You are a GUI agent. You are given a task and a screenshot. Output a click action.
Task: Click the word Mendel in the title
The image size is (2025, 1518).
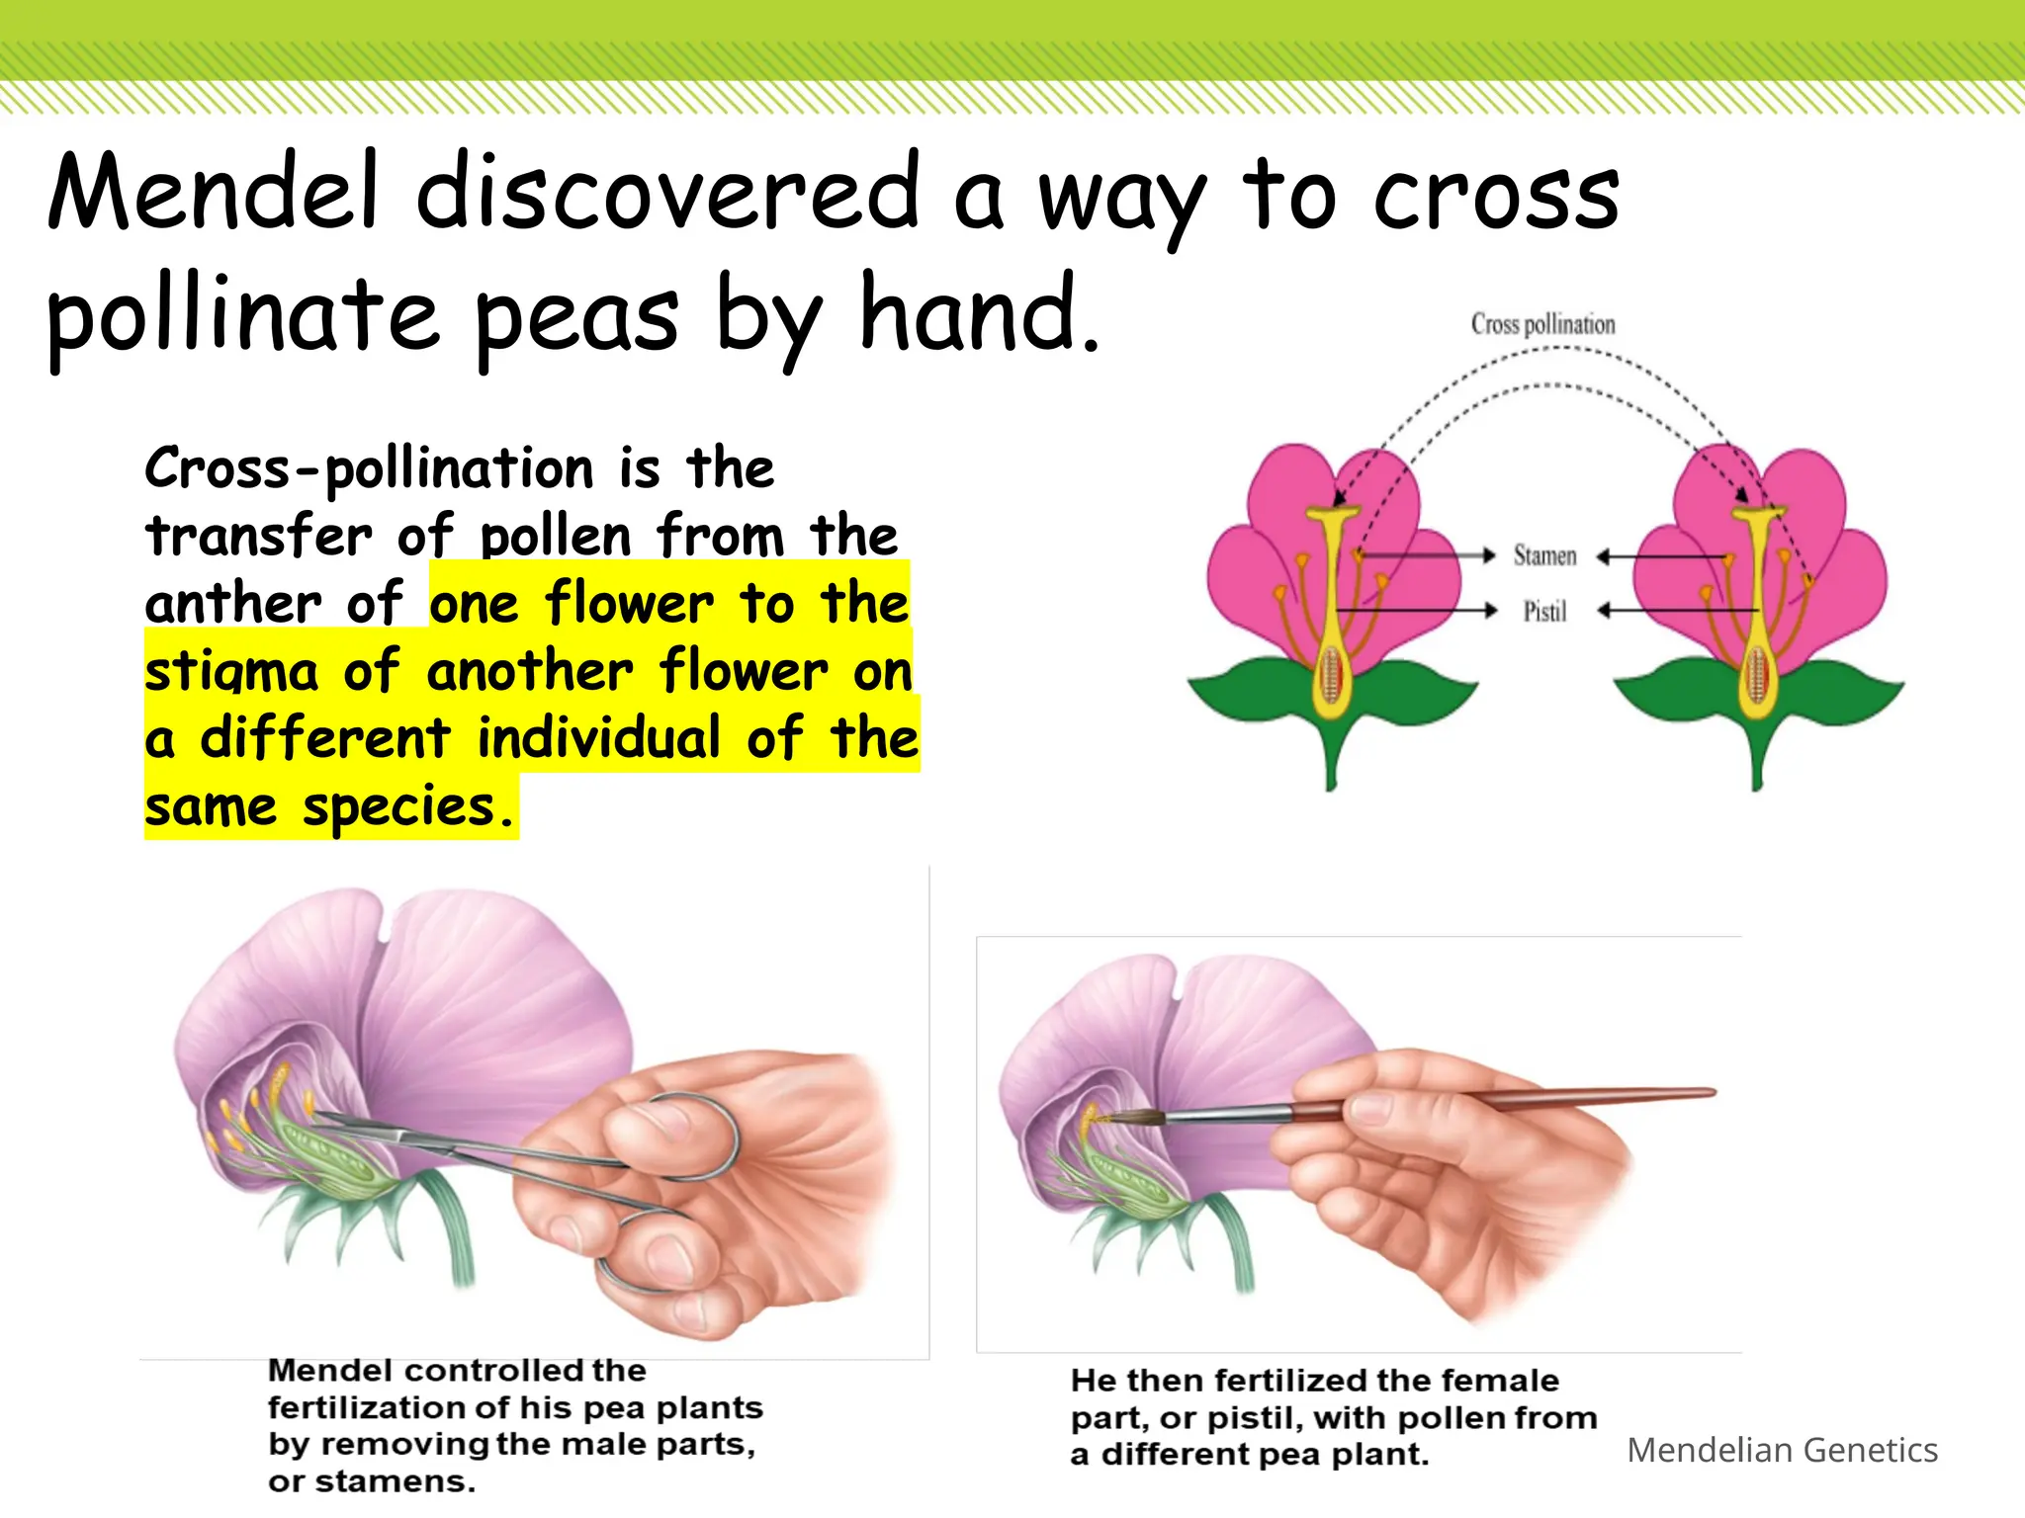tap(213, 192)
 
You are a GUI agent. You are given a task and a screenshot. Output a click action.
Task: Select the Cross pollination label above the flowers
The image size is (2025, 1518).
tap(1542, 324)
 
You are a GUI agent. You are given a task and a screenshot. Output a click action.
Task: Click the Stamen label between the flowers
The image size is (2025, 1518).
tap(1544, 555)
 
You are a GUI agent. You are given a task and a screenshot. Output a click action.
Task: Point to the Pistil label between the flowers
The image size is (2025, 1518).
tap(1544, 612)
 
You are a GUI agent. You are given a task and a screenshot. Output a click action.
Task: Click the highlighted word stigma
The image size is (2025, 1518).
tap(231, 673)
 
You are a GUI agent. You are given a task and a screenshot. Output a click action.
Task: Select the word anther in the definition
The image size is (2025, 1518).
tap(232, 603)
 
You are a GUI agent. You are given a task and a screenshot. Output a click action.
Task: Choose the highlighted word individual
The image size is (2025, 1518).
tap(599, 738)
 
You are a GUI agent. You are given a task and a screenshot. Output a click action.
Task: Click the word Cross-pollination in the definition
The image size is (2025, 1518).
tap(368, 468)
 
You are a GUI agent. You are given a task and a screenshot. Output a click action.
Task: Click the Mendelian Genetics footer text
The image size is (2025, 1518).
tap(1782, 1450)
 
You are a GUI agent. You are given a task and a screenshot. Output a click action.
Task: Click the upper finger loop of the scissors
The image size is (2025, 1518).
tap(692, 1137)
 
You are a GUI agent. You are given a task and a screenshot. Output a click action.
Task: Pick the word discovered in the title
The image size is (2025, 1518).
tap(668, 192)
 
